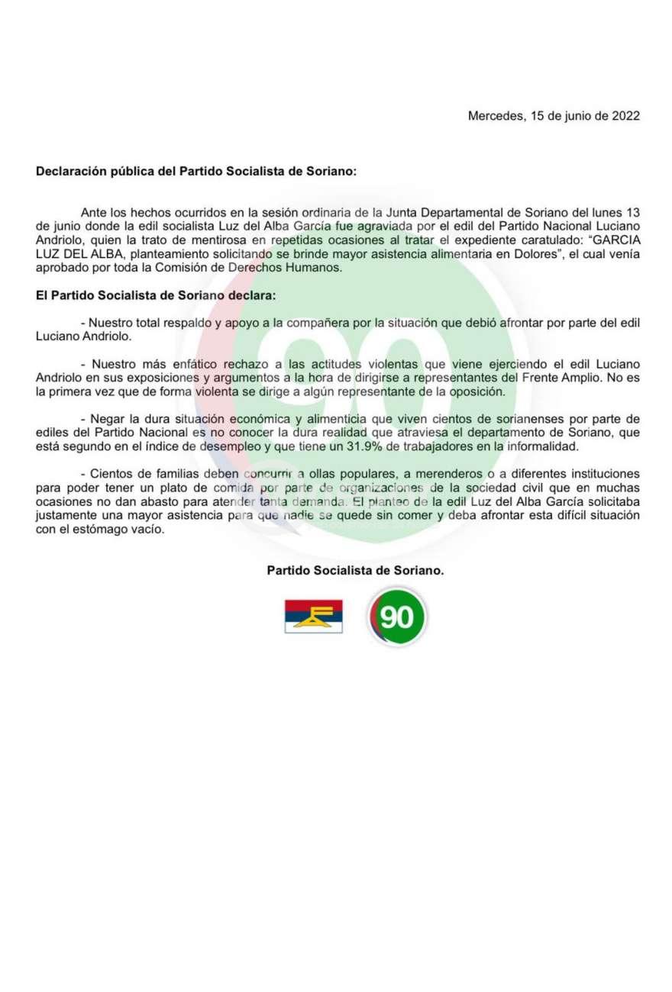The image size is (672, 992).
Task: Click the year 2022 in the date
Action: click(623, 117)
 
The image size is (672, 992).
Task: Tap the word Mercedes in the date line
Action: click(493, 117)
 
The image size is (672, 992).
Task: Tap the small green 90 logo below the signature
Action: click(396, 617)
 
